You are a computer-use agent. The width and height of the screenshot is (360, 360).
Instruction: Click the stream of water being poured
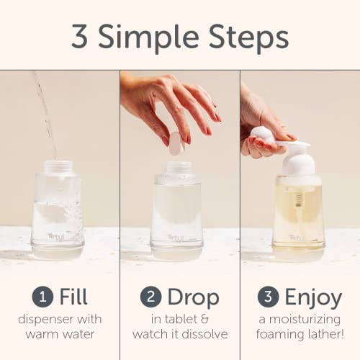coord(45,108)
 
